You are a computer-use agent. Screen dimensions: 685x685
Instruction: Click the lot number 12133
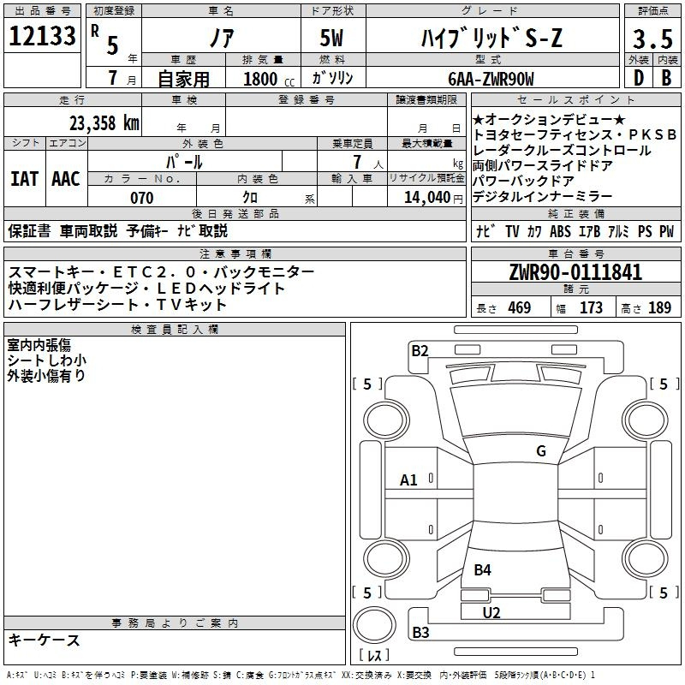[42, 36]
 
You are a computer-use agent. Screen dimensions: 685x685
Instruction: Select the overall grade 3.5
[652, 39]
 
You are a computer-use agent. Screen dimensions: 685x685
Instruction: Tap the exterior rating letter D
[639, 78]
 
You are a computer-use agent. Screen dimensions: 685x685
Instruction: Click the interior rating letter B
[666, 78]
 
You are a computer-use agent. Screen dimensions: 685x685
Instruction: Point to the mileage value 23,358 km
[104, 123]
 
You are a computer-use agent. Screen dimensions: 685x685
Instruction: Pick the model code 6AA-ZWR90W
[491, 79]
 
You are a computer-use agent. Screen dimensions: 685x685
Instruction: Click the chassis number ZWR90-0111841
[575, 271]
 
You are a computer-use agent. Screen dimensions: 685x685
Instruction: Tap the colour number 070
[142, 198]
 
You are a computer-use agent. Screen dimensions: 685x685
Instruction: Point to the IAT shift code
[24, 179]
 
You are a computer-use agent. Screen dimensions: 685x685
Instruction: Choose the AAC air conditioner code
[66, 179]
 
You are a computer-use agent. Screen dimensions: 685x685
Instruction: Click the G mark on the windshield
[541, 450]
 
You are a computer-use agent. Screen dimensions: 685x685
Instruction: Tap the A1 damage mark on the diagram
[408, 480]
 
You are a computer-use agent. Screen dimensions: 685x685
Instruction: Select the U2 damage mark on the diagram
[491, 612]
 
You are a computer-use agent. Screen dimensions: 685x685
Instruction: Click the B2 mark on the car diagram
[420, 350]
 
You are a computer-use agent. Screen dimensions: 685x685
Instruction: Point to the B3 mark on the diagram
[420, 632]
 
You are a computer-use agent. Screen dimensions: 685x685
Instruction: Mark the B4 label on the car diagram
[482, 569]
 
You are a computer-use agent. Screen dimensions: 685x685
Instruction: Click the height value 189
[659, 307]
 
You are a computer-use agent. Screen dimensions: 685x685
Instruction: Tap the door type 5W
[331, 38]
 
